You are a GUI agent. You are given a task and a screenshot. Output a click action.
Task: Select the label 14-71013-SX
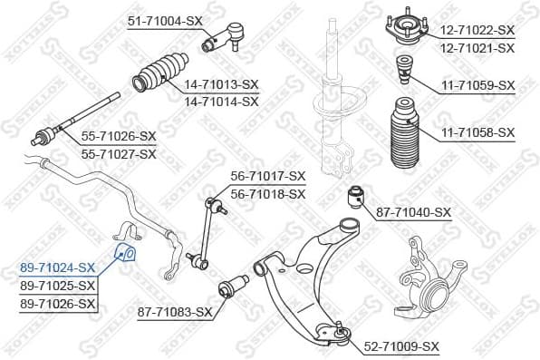221,84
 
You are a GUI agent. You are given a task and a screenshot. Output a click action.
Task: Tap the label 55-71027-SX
119,154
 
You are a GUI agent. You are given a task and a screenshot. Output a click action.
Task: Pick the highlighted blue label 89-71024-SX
57,268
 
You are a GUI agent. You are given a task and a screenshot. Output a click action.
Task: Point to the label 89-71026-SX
57,303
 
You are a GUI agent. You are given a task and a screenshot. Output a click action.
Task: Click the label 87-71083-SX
174,312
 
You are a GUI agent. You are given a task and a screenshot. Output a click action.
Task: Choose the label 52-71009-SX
401,346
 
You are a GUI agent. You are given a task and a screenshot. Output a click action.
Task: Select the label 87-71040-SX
412,212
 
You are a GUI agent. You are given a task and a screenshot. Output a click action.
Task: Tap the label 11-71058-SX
477,132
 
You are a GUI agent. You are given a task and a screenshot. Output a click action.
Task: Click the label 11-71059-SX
477,85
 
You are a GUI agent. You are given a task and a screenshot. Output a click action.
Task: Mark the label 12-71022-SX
477,30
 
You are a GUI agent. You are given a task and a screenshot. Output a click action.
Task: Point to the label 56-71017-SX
268,176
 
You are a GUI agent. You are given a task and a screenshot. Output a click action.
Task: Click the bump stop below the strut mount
403,68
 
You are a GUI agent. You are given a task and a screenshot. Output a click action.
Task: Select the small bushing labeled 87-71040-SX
358,194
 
